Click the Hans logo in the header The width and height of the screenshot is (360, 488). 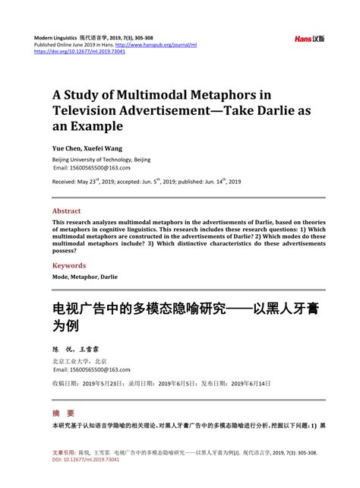(308, 38)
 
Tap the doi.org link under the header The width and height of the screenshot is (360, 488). (70, 53)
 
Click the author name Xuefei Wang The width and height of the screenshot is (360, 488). (104, 148)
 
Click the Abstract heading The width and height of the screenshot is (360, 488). (66, 211)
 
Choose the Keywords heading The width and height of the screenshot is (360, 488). (68, 266)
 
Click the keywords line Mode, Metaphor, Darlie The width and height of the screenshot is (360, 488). (84, 277)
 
